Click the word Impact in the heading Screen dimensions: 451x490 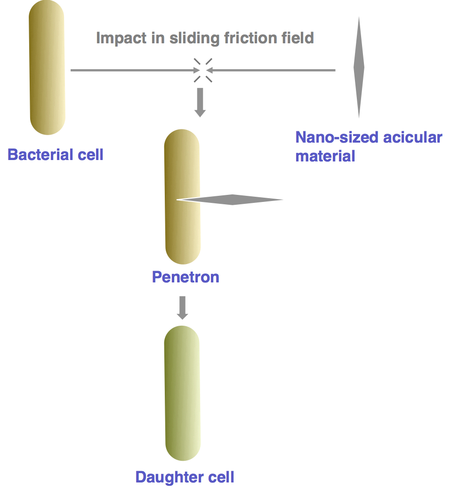point(121,39)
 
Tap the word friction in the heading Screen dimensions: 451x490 point(250,38)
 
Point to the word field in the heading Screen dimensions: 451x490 point(298,38)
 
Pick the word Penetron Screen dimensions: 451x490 point(185,277)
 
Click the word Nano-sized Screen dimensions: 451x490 point(337,137)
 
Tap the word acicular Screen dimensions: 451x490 point(412,137)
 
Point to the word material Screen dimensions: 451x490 point(325,156)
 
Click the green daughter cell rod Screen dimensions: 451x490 point(182,393)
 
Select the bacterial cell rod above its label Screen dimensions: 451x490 point(47,67)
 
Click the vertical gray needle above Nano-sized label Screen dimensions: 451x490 point(359,67)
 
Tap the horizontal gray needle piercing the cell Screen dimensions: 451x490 point(230,200)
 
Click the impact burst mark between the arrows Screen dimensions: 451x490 point(203,70)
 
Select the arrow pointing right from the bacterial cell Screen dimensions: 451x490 point(135,70)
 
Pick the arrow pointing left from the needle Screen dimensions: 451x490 point(271,70)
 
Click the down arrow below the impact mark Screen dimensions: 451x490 point(200,103)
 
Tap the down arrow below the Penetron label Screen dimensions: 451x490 point(183,308)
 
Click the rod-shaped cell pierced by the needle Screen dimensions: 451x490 point(182,197)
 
